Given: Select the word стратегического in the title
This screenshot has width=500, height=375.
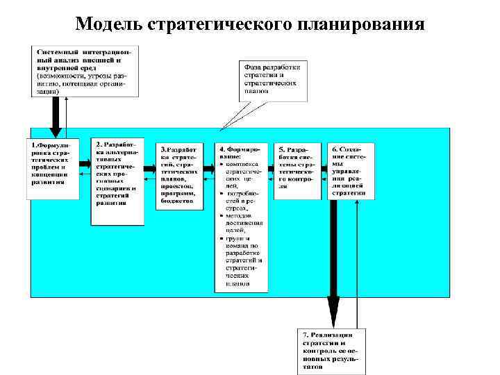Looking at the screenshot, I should tap(222, 25).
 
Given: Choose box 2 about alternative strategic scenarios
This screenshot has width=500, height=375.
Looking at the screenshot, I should tap(117, 181).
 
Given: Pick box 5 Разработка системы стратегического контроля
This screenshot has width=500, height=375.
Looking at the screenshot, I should tap(297, 171).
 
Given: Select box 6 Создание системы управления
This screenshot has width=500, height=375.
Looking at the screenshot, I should tap(351, 171).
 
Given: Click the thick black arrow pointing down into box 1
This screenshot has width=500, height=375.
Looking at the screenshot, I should tap(56, 115).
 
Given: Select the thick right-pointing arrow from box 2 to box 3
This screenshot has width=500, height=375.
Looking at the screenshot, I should tap(150, 167).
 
